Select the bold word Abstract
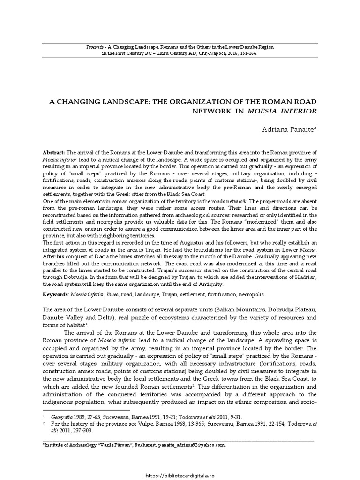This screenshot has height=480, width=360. (x=54, y=153)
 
